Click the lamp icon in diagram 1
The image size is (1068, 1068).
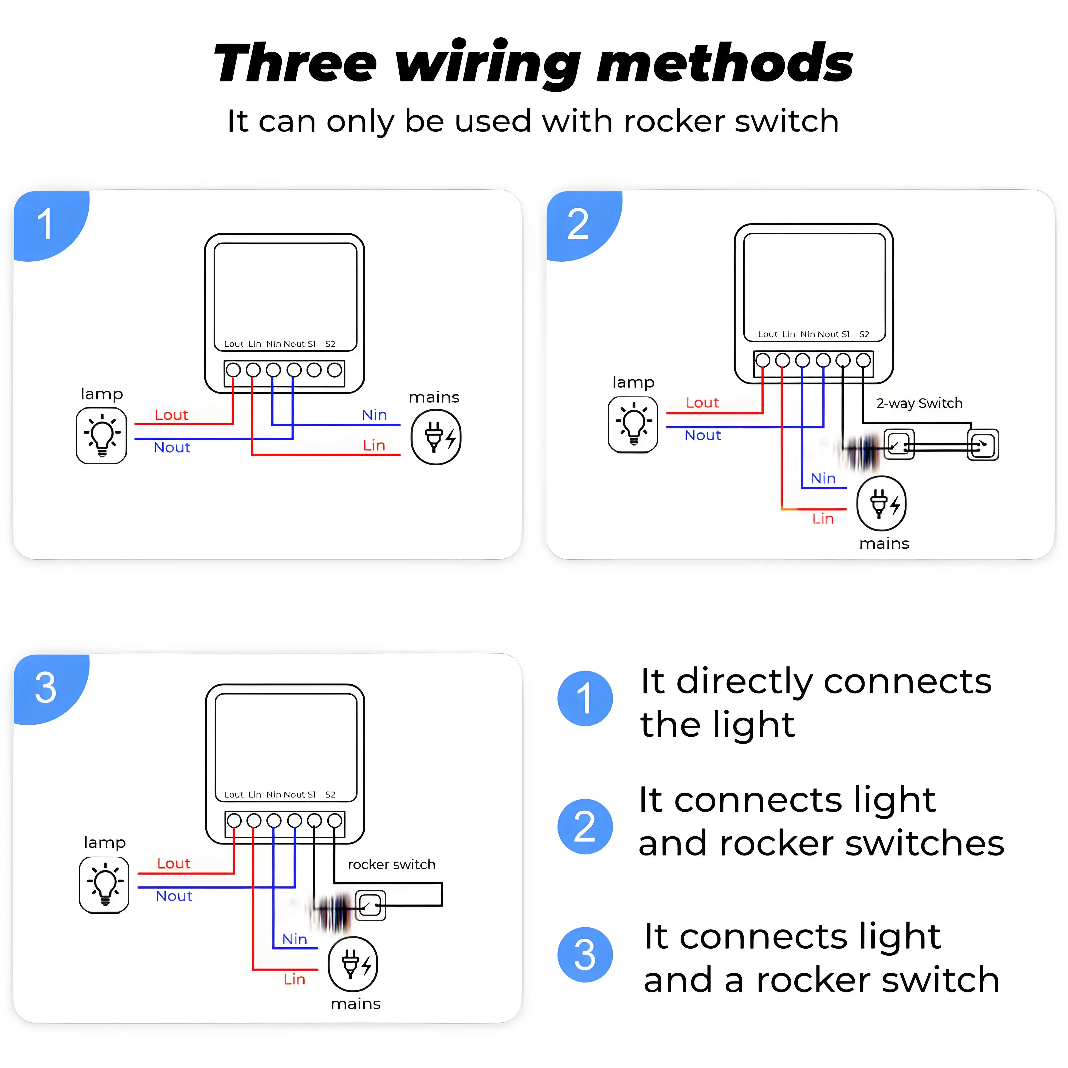point(102,435)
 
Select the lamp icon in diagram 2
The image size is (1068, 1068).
point(633,425)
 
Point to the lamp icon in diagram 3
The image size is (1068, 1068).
point(104,885)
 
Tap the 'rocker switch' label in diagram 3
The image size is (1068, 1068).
point(391,865)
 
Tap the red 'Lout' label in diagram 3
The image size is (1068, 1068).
point(174,863)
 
